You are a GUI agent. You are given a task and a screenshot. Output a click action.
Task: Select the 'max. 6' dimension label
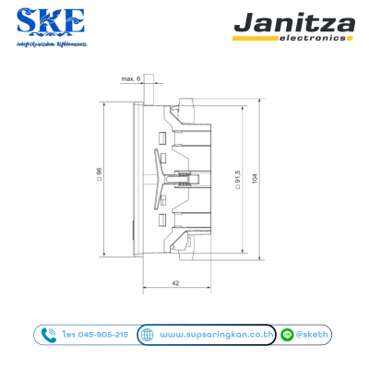131,80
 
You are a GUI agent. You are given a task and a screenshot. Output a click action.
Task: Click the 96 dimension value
98,172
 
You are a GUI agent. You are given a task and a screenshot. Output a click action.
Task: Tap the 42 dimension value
175,283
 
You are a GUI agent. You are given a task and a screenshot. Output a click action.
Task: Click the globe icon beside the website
147,334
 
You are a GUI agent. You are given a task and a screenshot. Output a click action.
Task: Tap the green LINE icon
289,334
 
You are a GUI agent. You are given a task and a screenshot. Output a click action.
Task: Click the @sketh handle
314,334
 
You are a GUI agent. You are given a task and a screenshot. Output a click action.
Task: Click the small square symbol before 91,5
237,196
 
